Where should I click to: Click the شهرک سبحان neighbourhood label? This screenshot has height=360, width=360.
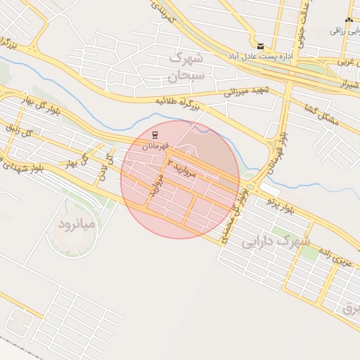pos(186,65)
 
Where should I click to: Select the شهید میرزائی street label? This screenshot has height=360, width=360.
pos(247,89)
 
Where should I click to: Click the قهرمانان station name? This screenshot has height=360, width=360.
pos(156,146)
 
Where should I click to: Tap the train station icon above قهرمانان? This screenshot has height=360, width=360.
pos(155,134)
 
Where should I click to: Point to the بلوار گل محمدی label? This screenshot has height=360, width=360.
pos(235,214)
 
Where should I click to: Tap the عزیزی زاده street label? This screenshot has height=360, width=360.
pos(333,258)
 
